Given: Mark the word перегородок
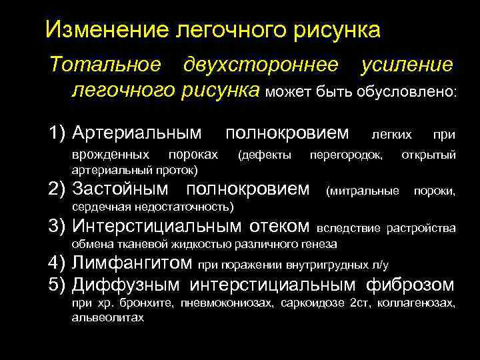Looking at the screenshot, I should pyautogui.click(x=346, y=155).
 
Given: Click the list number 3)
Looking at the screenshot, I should pyautogui.click(x=57, y=226).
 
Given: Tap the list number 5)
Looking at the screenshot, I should pyautogui.click(x=57, y=285).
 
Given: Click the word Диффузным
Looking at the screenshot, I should pyautogui.click(x=126, y=285).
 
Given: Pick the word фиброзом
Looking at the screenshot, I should pyautogui.click(x=411, y=285).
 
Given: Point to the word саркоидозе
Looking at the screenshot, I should pyautogui.click(x=315, y=305).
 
